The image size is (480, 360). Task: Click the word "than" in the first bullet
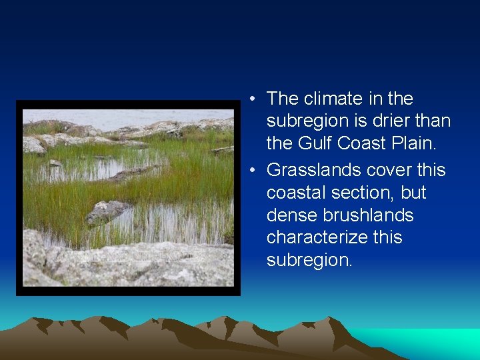434,121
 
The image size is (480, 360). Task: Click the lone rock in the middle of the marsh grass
107,211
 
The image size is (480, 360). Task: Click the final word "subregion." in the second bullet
309,261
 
